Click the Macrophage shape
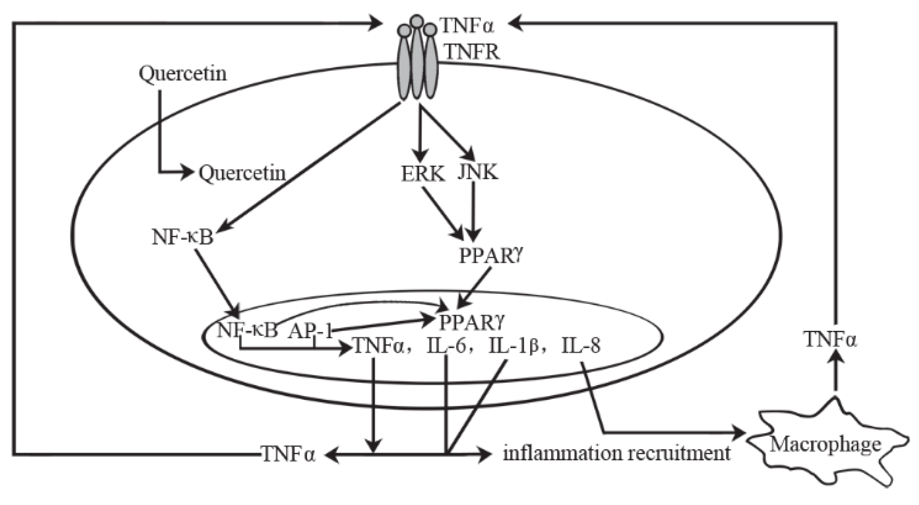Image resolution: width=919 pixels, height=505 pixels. tap(824, 446)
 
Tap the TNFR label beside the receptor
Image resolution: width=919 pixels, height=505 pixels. tap(472, 53)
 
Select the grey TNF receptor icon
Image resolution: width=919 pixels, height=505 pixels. tap(417, 61)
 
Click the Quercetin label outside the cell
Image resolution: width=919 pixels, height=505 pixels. tap(183, 74)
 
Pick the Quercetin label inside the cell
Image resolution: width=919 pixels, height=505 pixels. tap(242, 173)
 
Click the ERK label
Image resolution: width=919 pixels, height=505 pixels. tap(423, 173)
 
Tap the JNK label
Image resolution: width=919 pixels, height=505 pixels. tap(478, 172)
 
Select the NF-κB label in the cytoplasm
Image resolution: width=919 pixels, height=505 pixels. tap(183, 238)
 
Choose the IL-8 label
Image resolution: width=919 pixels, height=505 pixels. tap(581, 347)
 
